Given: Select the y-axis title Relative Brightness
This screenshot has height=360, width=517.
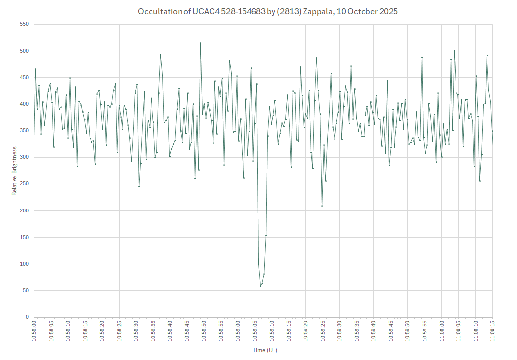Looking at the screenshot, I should tap(14, 171).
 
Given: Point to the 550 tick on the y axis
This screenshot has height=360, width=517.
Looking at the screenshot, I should tap(24, 24).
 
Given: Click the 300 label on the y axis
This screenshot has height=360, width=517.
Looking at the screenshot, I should tap(24, 157).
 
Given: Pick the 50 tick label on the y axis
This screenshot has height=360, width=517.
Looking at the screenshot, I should tap(25, 291).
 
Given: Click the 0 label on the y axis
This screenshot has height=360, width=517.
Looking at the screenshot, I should tap(27, 317).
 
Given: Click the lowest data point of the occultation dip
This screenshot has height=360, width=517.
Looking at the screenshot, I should tap(260, 286).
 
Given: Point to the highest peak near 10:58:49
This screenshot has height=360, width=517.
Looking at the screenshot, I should tap(200, 43).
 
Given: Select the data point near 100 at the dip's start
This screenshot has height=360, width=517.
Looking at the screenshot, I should tap(258, 264).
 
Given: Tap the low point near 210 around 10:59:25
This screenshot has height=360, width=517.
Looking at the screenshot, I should tap(322, 206).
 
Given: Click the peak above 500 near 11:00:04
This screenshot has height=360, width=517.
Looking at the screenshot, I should tap(454, 50).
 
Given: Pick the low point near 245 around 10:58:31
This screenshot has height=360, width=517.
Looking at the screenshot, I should tap(139, 186).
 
